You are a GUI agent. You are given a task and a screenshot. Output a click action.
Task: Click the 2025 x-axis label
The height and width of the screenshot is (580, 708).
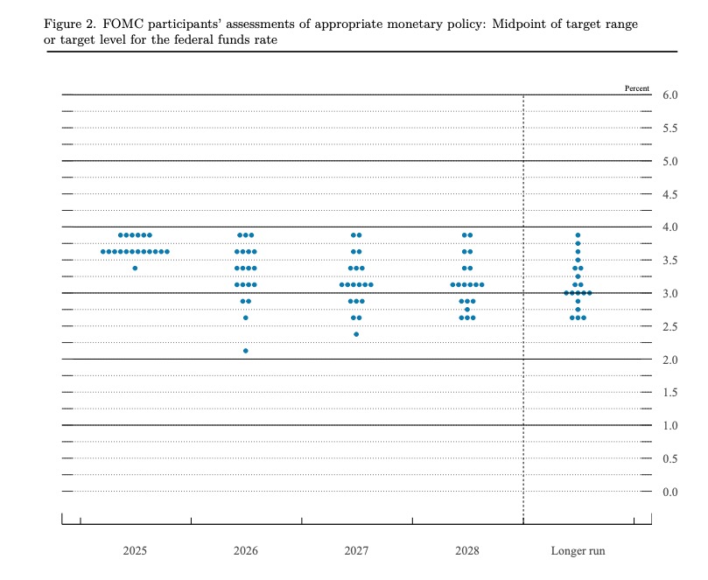click(x=135, y=552)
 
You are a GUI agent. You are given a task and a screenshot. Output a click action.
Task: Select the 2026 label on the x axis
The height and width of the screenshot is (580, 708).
click(x=246, y=552)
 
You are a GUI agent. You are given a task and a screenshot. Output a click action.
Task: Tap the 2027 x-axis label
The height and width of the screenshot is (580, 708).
click(x=356, y=552)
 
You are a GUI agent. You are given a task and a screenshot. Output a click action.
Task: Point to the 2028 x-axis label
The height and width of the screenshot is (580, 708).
click(x=467, y=552)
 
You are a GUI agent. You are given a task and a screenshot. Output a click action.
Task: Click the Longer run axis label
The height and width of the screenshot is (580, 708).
click(x=578, y=552)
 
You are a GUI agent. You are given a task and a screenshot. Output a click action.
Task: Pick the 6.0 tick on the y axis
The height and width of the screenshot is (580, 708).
click(x=670, y=94)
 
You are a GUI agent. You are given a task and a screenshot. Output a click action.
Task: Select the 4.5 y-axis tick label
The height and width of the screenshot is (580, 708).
click(x=670, y=194)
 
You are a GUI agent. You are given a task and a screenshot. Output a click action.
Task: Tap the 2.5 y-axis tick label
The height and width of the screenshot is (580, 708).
click(x=670, y=327)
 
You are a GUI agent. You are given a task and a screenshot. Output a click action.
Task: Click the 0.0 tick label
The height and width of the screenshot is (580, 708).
click(x=670, y=493)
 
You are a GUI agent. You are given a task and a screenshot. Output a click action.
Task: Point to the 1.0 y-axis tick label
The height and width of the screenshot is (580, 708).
click(x=670, y=426)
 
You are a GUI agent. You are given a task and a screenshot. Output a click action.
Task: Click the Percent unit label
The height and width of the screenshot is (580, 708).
click(x=638, y=87)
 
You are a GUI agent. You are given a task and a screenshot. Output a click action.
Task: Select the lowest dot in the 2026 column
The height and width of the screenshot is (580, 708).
click(x=246, y=351)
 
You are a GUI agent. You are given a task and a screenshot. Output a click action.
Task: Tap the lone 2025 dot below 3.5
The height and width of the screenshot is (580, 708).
click(x=135, y=268)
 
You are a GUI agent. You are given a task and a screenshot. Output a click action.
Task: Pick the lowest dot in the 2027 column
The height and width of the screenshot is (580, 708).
click(x=356, y=334)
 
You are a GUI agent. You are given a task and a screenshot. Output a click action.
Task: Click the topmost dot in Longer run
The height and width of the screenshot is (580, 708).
click(x=578, y=235)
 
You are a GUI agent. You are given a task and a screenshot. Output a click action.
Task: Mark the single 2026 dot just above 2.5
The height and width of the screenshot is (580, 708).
click(x=246, y=318)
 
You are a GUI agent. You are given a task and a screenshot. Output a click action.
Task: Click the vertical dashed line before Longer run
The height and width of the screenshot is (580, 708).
click(x=523, y=306)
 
